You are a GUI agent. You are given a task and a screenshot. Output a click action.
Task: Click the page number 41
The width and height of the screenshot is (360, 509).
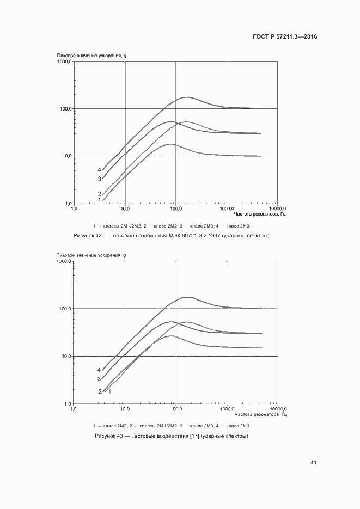(x=313, y=463)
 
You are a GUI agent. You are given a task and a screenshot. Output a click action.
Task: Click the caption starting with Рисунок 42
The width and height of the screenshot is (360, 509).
(x=172, y=236)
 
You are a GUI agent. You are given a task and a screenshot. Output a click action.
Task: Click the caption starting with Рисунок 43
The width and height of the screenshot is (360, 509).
(x=172, y=436)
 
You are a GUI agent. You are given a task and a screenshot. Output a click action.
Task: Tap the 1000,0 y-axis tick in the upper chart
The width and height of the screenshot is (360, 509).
(x=64, y=62)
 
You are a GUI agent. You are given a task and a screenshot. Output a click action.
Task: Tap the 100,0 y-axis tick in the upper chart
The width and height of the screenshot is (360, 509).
(x=66, y=109)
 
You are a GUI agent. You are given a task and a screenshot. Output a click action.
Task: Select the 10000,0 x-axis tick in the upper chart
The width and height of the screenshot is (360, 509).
(x=277, y=208)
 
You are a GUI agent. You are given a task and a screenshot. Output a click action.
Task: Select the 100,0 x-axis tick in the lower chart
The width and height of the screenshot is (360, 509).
(x=176, y=409)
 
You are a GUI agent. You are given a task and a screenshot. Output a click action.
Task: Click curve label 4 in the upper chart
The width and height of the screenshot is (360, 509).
(x=99, y=170)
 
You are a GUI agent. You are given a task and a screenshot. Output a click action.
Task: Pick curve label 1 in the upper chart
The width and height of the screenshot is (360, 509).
(x=99, y=200)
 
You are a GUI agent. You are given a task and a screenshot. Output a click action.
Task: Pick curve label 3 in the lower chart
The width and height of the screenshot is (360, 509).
(x=99, y=379)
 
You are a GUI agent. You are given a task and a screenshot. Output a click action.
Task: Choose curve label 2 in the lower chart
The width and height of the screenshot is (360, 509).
(x=100, y=391)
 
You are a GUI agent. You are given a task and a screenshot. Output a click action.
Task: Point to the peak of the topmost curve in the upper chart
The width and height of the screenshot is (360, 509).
(x=188, y=97)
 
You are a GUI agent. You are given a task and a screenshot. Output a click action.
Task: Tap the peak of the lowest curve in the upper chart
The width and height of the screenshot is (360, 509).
(x=172, y=144)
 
